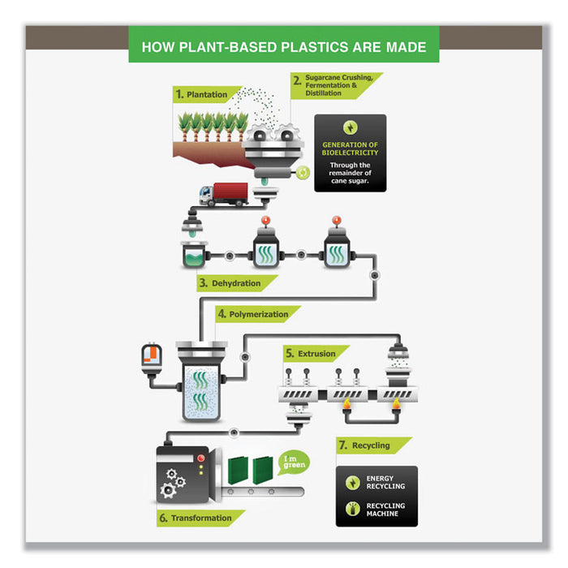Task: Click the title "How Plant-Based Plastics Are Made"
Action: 283,46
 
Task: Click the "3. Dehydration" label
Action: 235,283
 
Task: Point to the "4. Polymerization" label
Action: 256,314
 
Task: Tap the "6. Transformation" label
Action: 200,518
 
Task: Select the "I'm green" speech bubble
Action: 293,463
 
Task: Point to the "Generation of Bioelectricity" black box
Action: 351,153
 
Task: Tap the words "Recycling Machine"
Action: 385,510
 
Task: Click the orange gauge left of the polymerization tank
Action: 151,358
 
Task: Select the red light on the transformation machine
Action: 200,458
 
